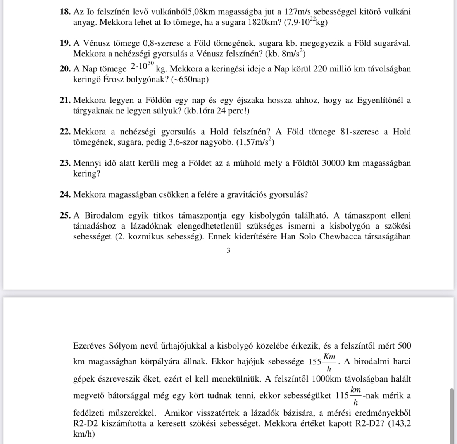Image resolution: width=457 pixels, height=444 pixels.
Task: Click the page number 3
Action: (228, 251)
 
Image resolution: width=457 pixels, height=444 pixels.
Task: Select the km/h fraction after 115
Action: (355, 396)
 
